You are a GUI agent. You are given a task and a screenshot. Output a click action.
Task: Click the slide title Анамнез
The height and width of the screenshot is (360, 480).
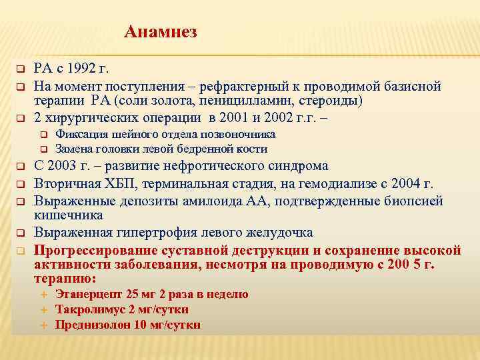point(161,31)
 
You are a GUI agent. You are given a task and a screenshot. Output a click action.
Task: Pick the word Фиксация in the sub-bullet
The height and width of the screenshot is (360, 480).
point(78,135)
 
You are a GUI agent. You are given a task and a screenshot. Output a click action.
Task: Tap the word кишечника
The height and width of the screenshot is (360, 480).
point(68,215)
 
